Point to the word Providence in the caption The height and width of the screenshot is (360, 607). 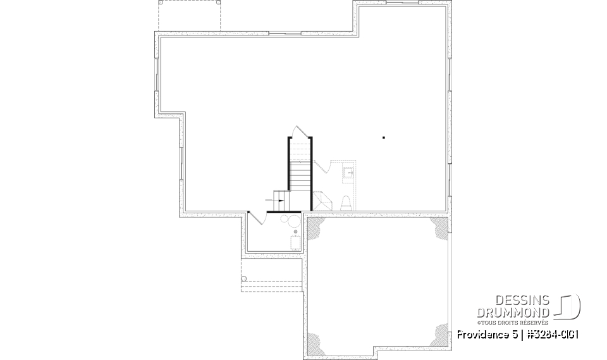click(479, 334)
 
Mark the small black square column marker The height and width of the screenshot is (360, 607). click(383, 137)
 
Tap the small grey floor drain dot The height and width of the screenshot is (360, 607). click(295, 232)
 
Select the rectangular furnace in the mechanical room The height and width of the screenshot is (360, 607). click(295, 244)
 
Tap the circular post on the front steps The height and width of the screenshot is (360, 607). click(244, 278)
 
